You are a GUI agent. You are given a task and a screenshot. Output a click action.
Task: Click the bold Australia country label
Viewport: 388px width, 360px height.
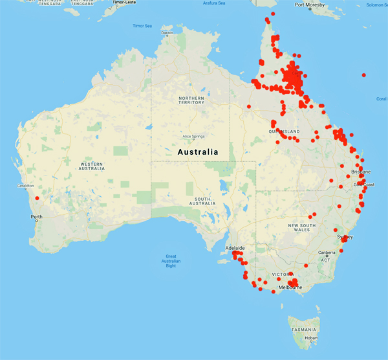[198, 152]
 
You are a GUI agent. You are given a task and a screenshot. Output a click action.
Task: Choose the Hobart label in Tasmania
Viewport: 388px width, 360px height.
[312, 338]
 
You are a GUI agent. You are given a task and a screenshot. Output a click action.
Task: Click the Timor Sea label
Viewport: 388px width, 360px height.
[142, 26]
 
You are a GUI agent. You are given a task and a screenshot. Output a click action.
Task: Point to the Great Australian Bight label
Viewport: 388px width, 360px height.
[171, 261]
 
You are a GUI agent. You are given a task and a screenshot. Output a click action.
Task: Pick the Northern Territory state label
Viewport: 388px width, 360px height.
[191, 100]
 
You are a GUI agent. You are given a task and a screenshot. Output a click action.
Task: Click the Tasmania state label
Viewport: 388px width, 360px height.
[303, 329]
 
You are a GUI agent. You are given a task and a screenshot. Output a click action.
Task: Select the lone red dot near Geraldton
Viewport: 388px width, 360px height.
[37, 198]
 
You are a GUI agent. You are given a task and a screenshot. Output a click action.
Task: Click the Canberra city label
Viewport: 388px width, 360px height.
[325, 252]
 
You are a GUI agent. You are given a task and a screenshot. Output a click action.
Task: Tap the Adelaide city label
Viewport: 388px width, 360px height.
[234, 248]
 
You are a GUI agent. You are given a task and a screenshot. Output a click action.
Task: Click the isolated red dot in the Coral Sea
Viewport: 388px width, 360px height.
[365, 75]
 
